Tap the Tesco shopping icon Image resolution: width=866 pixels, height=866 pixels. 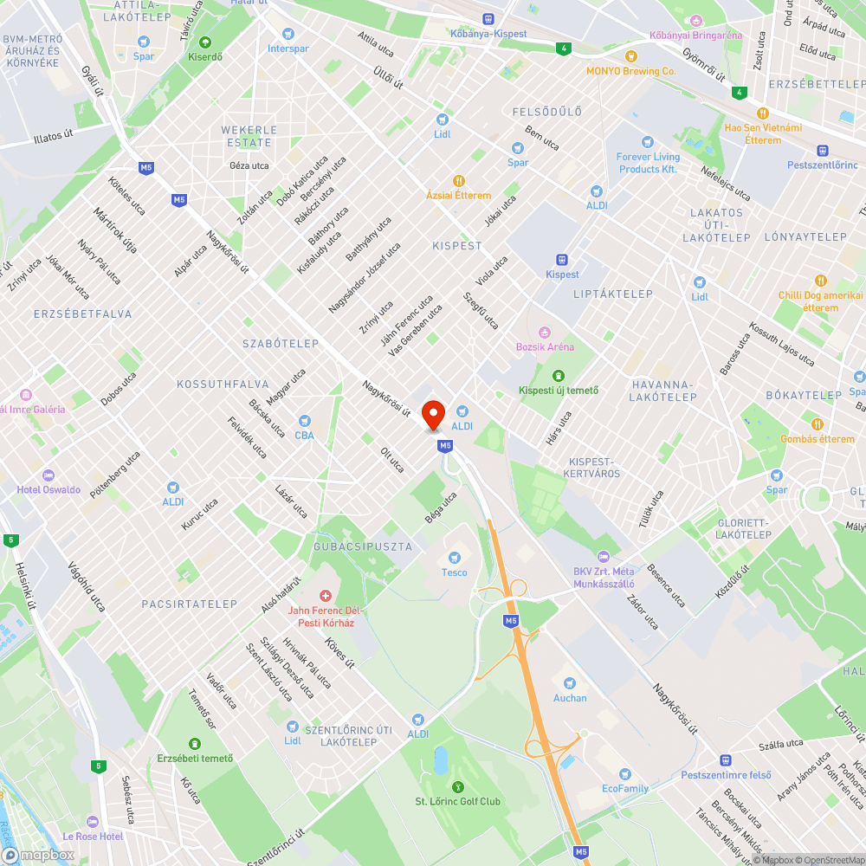tap(454, 558)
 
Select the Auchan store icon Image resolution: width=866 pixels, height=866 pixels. tap(569, 683)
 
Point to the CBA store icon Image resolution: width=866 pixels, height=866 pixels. tap(304, 421)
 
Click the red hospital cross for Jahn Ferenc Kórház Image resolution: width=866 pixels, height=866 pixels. tap(326, 596)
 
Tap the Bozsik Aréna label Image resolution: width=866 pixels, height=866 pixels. tap(545, 346)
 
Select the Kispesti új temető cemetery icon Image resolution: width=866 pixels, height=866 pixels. tap(559, 375)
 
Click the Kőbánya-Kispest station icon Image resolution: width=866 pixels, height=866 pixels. tap(488, 19)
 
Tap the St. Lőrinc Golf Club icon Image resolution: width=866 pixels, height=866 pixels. tap(458, 786)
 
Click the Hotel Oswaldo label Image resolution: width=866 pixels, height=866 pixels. tap(48, 489)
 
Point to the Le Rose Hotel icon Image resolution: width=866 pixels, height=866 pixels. tap(94, 821)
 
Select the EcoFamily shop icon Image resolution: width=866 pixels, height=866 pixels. tap(625, 773)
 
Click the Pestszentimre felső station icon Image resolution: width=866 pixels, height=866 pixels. tap(726, 759)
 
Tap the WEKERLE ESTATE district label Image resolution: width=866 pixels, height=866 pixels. tap(249, 136)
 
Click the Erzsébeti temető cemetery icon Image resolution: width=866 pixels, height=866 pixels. tap(195, 744)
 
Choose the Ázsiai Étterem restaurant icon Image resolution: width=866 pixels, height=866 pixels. tap(459, 181)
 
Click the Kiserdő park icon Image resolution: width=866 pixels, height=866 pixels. tap(205, 42)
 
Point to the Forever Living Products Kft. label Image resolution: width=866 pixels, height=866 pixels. tap(647, 163)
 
